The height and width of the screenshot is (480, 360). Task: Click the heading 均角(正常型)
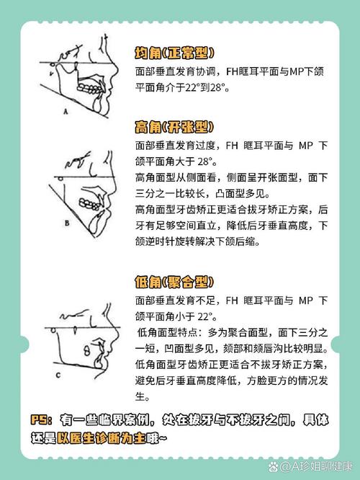coord(174,53)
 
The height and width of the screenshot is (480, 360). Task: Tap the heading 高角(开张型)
coord(174,128)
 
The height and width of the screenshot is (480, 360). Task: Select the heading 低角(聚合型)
coord(174,280)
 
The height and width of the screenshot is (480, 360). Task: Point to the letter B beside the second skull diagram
coord(66,224)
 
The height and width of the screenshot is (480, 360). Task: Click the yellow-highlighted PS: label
coord(44,419)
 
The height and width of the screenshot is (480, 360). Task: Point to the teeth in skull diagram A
coord(93,80)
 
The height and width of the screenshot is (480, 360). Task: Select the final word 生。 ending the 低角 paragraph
coord(142,397)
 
